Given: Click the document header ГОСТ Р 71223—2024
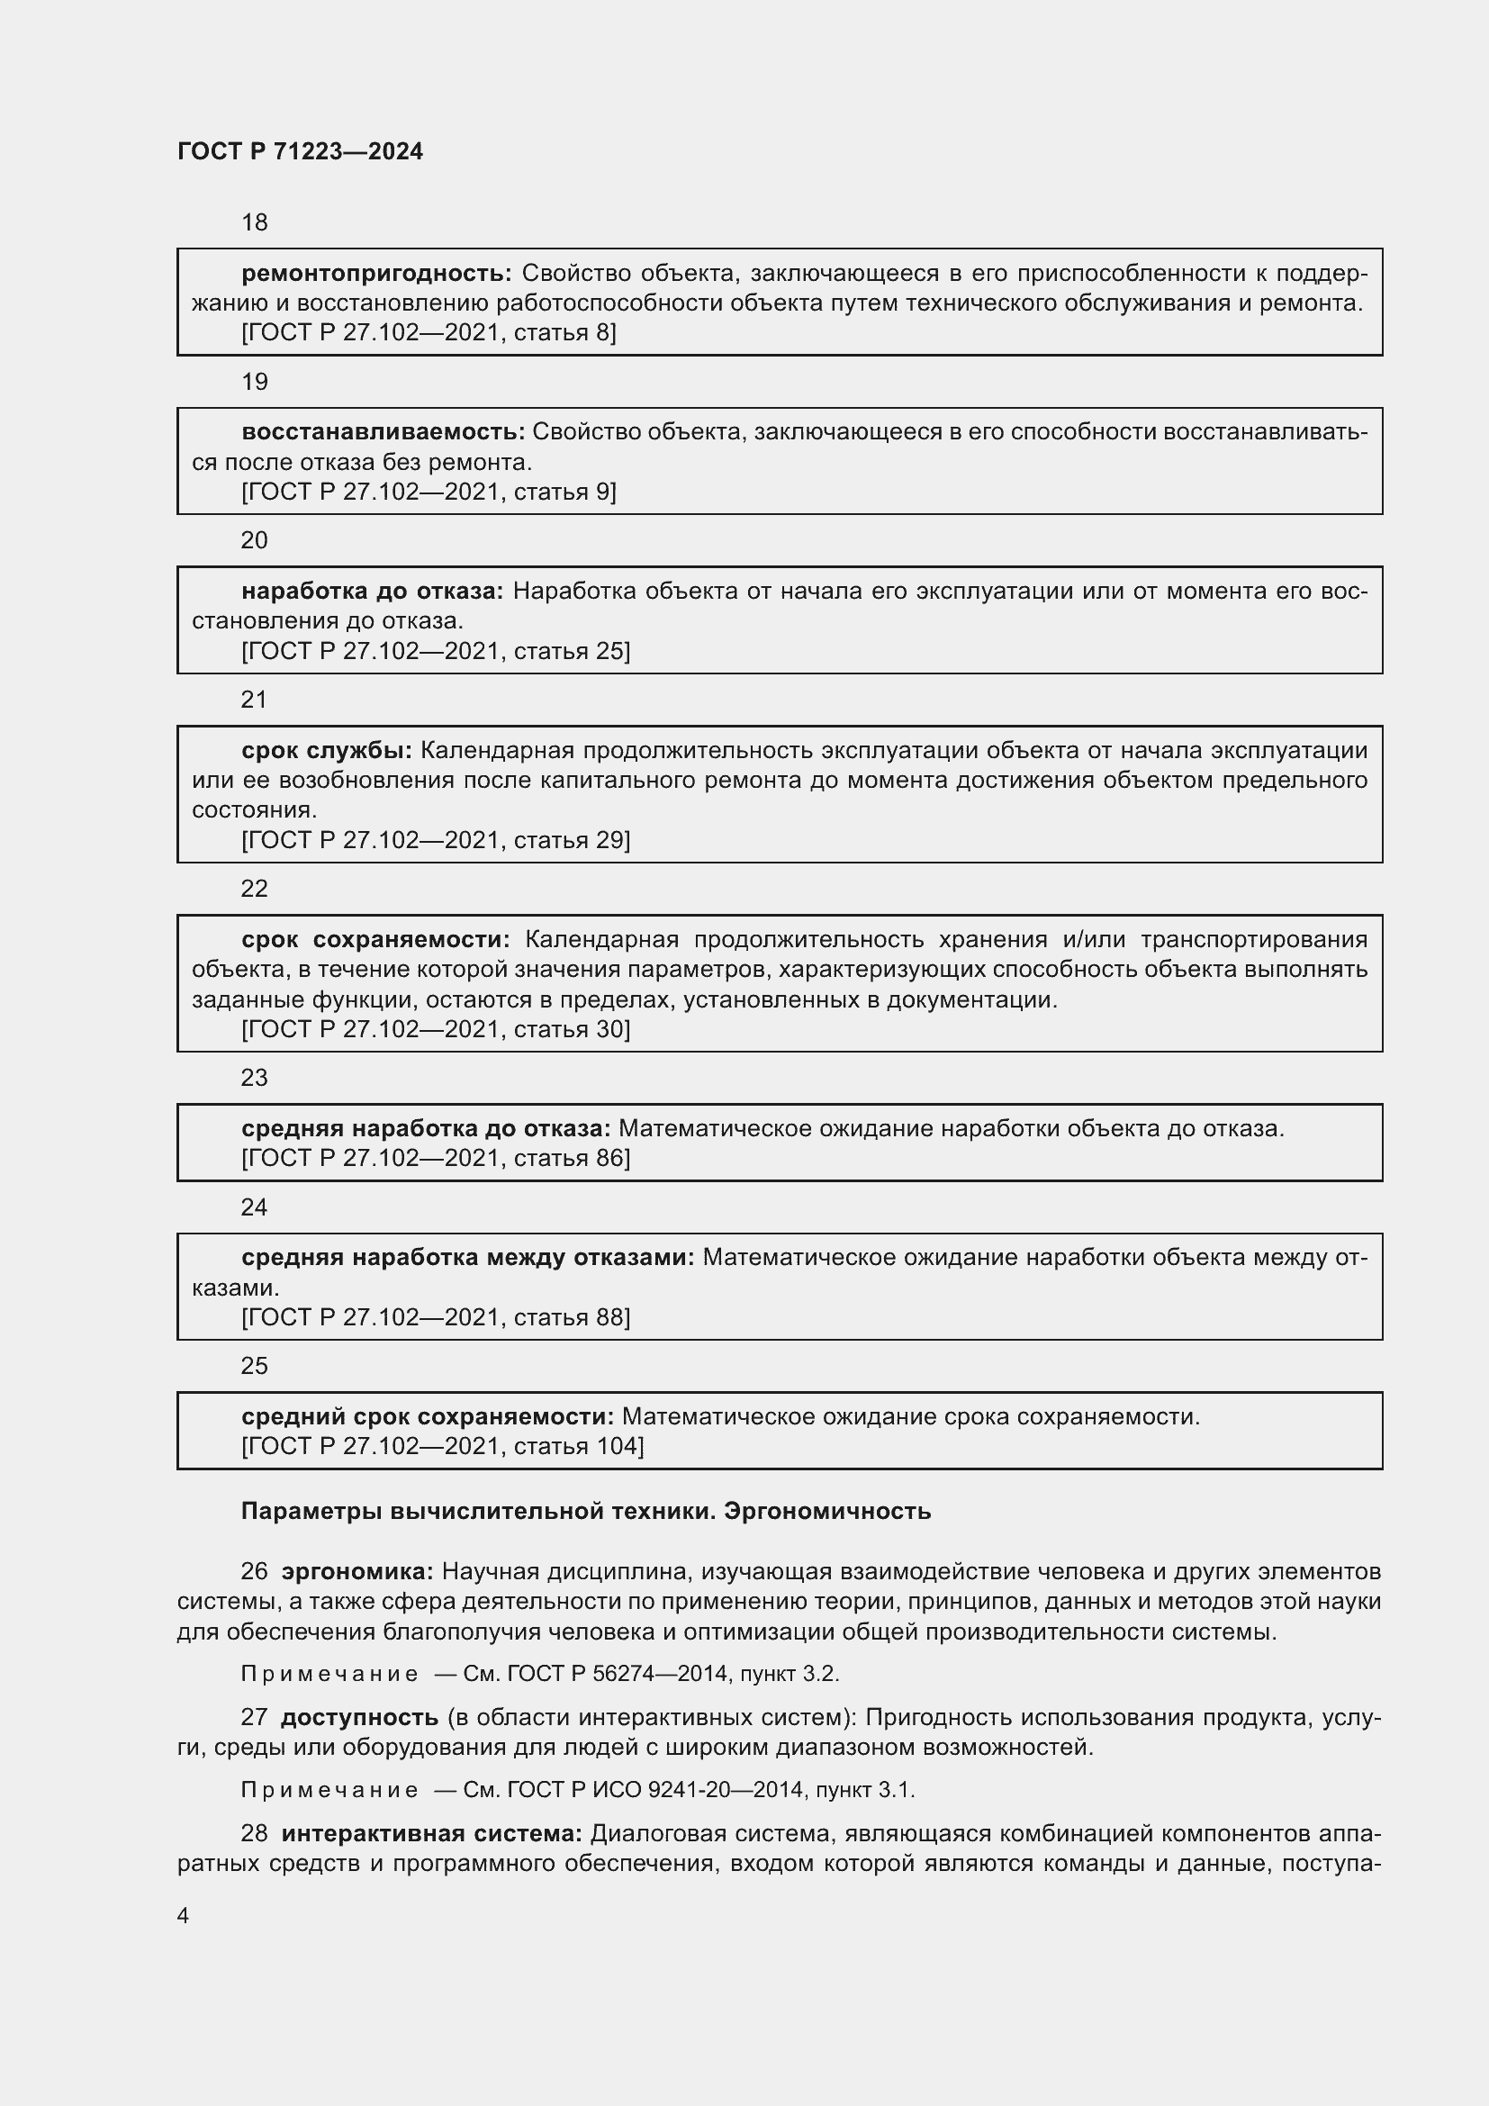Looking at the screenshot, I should click(300, 151).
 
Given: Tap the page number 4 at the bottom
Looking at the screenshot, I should click(184, 1916).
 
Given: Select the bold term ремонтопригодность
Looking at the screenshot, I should click(376, 274).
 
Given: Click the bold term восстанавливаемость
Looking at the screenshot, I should click(383, 432).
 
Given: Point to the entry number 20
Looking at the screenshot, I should click(254, 540).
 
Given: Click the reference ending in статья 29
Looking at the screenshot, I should click(436, 840).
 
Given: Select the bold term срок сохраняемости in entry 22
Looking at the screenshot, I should click(375, 939).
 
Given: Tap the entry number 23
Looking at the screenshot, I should click(254, 1078).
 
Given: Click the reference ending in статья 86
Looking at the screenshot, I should click(436, 1159).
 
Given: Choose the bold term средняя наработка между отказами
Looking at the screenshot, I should click(467, 1258).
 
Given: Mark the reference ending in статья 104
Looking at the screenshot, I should click(442, 1447).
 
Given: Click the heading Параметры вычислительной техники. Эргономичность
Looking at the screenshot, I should click(586, 1512).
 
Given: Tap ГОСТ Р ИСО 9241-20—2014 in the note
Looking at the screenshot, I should click(654, 1790).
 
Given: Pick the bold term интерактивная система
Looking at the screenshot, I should click(432, 1833).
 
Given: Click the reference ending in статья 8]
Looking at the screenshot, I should click(429, 333).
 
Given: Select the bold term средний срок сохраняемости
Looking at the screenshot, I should click(428, 1417).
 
